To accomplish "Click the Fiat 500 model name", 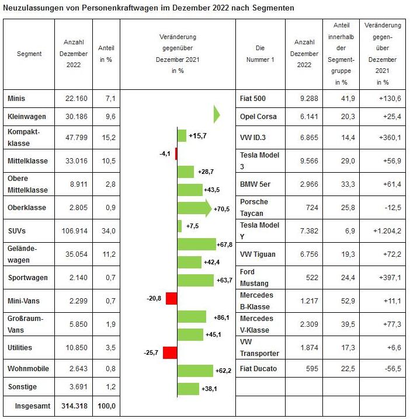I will (253, 99).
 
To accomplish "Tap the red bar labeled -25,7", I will (169, 353).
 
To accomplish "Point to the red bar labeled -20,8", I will (171, 299).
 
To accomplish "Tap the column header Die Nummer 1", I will (260, 54).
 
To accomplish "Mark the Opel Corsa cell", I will (258, 116).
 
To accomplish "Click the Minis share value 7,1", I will (106, 99).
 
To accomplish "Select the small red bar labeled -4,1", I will (176, 154).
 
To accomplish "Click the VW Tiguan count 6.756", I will (304, 254).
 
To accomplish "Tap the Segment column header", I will (29, 54).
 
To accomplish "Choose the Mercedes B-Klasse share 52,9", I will (341, 301).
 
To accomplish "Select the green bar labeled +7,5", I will (179, 226).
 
